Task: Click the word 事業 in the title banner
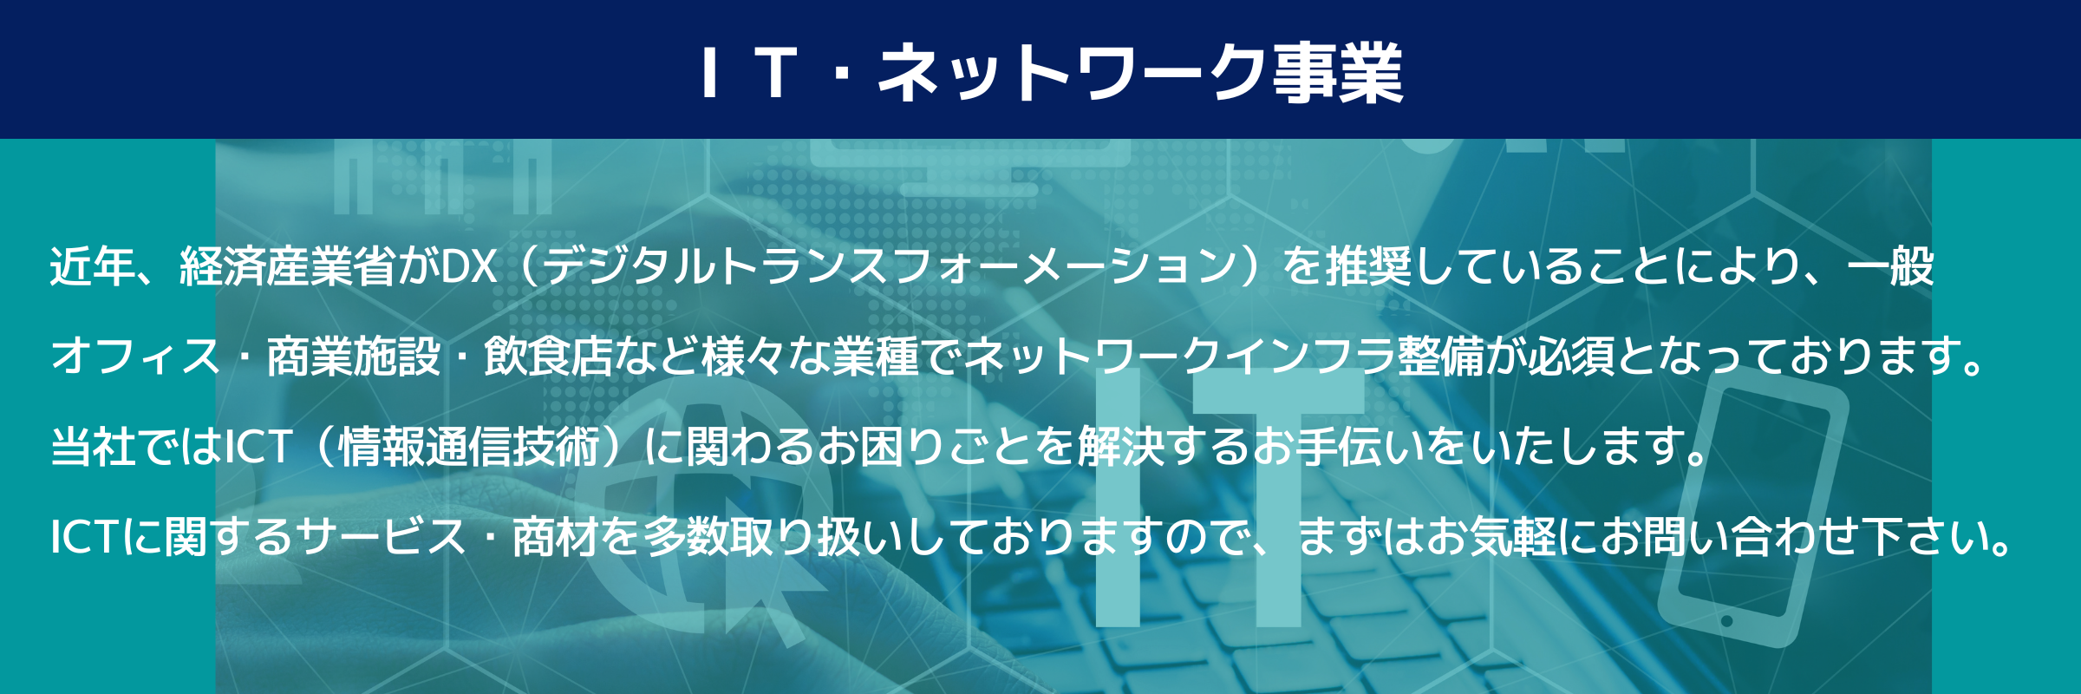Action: pos(1338,72)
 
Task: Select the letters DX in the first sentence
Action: pos(469,266)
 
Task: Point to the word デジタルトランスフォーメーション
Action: pos(890,266)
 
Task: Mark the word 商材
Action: pos(556,537)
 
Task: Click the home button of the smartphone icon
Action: pos(1726,621)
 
